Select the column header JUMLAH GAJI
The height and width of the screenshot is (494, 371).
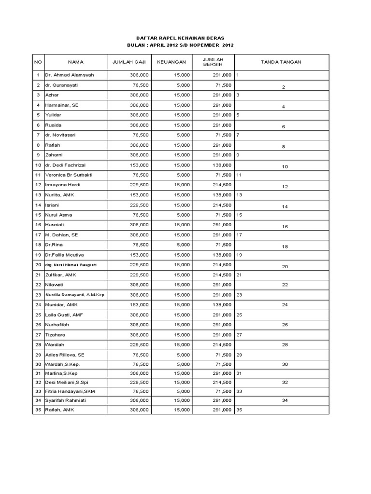point(129,62)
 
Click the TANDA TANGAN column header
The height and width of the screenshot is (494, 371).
point(281,62)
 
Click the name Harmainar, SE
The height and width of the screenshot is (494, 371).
point(62,105)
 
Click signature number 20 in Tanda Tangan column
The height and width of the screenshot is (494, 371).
point(285,266)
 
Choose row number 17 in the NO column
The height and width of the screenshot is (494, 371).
point(38,235)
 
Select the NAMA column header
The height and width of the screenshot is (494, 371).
point(76,62)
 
